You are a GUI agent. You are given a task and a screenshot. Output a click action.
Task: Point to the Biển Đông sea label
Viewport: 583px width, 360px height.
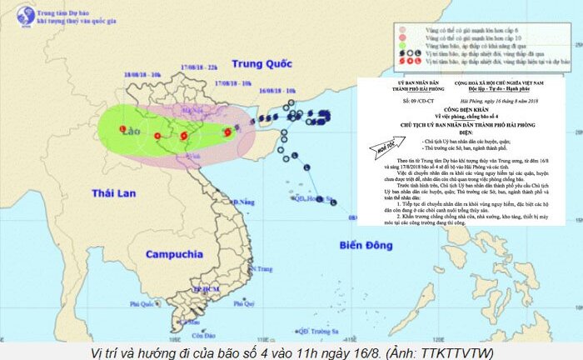coord(371,245)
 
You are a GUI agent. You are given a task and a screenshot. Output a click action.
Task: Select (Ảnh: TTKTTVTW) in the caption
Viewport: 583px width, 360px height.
coord(446,351)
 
